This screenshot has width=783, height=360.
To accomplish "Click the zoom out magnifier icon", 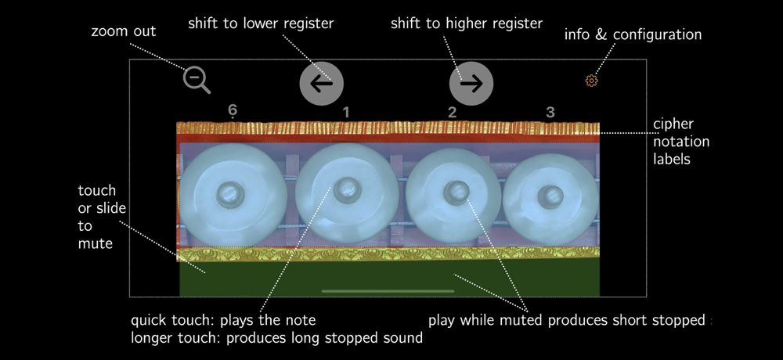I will [196, 79].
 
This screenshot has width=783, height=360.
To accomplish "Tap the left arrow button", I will [322, 83].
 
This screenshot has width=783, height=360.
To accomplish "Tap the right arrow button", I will [471, 83].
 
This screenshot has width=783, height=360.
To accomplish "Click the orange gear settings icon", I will [591, 81].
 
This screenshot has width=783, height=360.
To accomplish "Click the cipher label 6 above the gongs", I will [233, 111].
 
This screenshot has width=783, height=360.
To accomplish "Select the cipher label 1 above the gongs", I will [346, 113].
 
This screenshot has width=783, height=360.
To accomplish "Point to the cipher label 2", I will [452, 113].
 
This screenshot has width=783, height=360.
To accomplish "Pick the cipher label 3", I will [550, 113].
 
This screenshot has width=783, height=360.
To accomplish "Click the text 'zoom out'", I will [124, 32].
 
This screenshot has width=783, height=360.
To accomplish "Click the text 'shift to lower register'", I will [261, 24].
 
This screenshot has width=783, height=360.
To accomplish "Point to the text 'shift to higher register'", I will [467, 24].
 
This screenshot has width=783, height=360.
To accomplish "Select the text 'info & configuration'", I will [633, 35].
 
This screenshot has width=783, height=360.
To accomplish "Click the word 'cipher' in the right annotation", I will [673, 124].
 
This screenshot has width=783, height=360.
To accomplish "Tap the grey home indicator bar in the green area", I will [388, 291].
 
